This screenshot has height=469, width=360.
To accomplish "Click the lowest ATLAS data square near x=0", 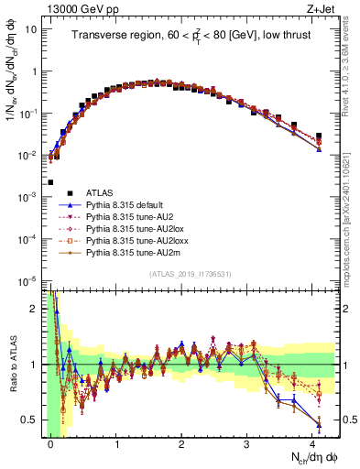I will tap(50, 182).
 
